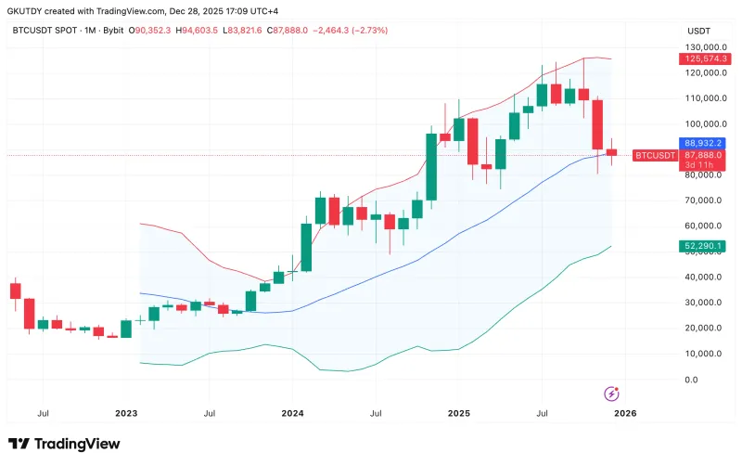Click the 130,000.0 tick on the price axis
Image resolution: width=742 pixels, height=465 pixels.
704,46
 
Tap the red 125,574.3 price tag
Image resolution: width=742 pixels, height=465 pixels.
704,58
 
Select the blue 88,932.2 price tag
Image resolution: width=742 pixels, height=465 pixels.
704,143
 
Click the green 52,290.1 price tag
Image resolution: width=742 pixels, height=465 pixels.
704,246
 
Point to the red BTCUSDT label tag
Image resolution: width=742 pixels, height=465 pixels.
655,155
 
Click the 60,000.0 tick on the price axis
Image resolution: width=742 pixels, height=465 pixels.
704,226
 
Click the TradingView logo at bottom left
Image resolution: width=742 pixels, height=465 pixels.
64,444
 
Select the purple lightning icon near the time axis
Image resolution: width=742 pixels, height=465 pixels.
611,394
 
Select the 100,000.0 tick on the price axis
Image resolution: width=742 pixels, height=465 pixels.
704,123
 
